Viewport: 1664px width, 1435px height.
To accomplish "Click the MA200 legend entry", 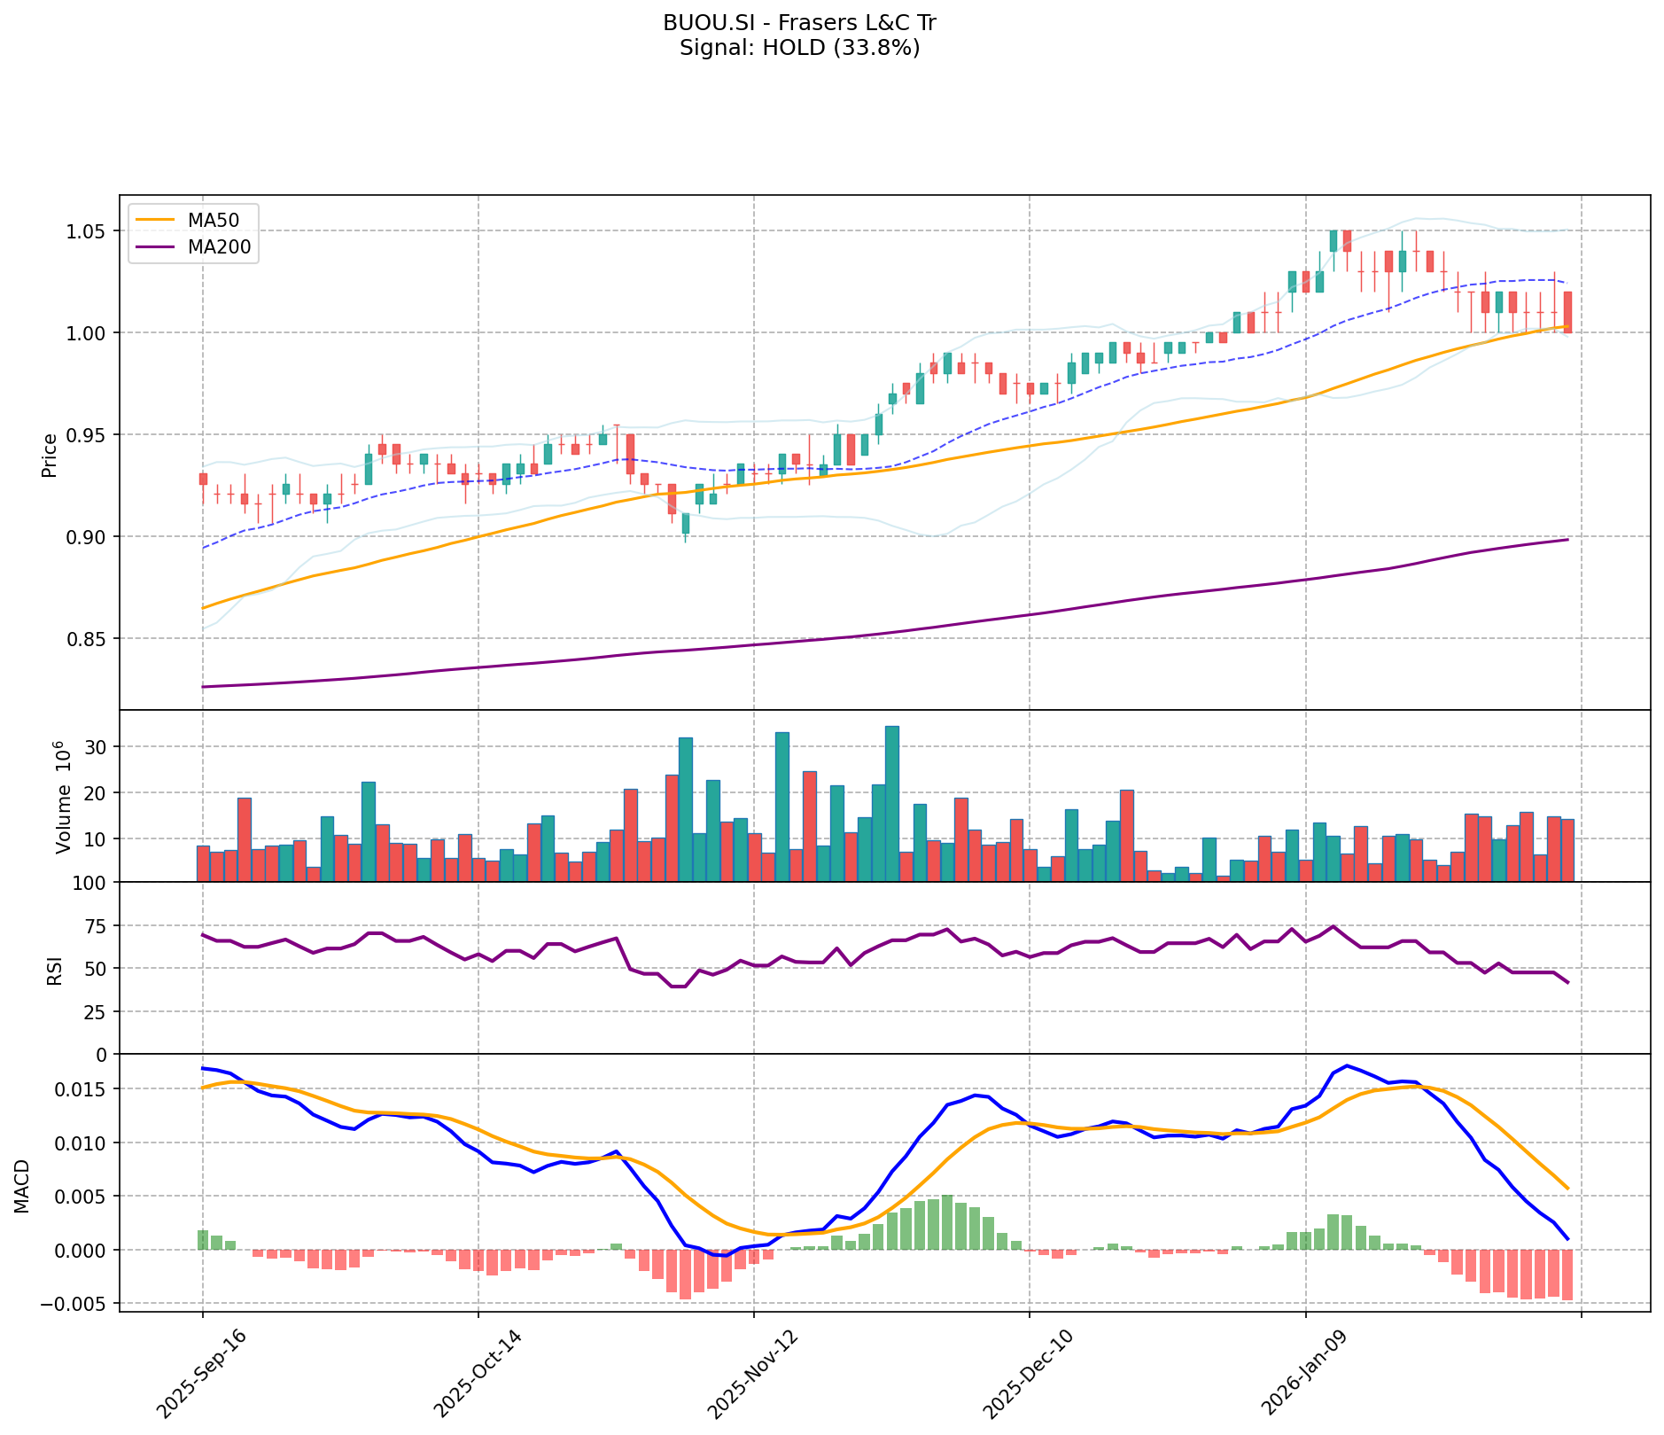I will tap(219, 246).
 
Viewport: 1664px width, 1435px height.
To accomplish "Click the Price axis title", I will tap(50, 454).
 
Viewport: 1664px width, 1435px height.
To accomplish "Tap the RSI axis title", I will tap(54, 970).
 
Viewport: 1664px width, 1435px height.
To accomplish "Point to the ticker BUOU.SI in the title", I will tap(700, 23).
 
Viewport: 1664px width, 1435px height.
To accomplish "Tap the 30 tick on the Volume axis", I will tap(97, 747).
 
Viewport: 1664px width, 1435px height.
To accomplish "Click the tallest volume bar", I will tap(891, 803).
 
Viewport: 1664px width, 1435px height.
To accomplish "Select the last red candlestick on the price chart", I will tap(1567, 311).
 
